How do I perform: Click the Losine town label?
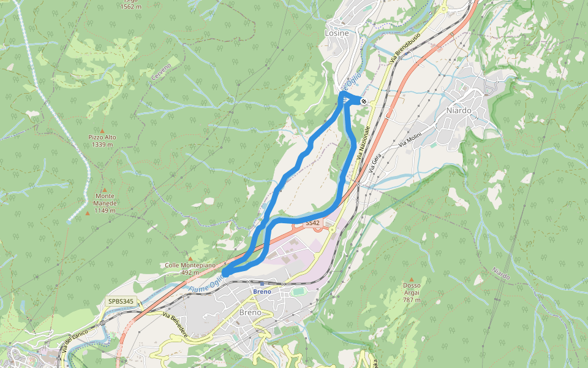pyautogui.click(x=336, y=33)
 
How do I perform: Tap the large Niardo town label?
pyautogui.click(x=459, y=110)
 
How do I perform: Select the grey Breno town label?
pyautogui.click(x=250, y=312)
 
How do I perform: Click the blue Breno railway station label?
pyautogui.click(x=262, y=291)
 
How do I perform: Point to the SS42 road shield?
pyautogui.click(x=312, y=222)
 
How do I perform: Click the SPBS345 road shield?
pyautogui.click(x=121, y=301)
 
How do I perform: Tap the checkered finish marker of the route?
pyautogui.click(x=364, y=101)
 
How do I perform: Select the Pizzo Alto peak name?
pyautogui.click(x=102, y=137)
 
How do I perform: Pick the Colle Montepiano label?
pyautogui.click(x=190, y=265)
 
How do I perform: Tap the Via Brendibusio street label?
pyautogui.click(x=405, y=50)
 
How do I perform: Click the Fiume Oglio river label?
pyautogui.click(x=206, y=283)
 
